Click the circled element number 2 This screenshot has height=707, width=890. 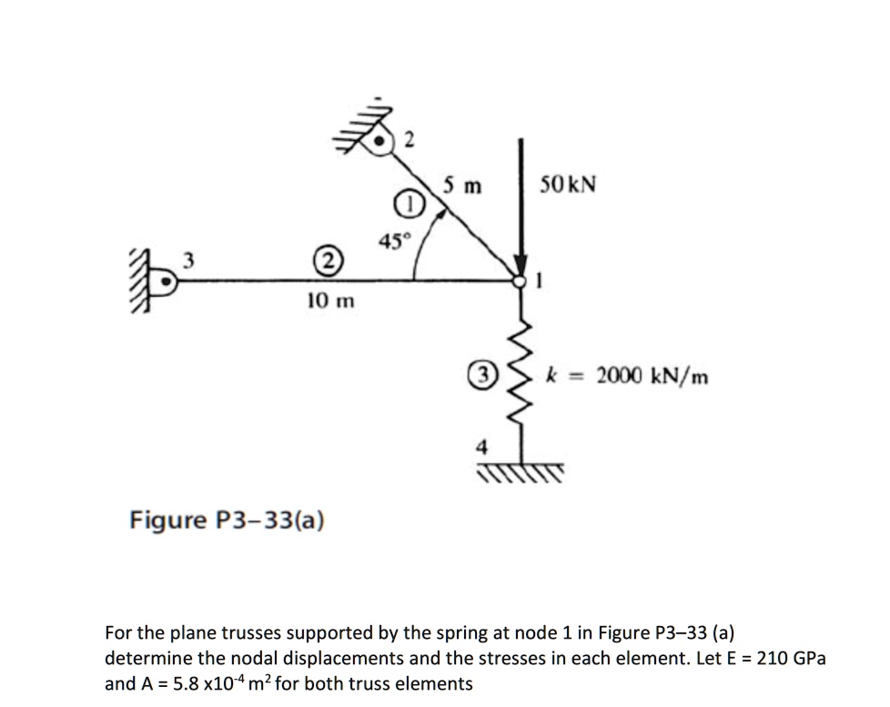point(324,263)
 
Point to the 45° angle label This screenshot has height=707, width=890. point(395,239)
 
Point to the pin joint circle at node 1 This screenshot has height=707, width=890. point(521,281)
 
